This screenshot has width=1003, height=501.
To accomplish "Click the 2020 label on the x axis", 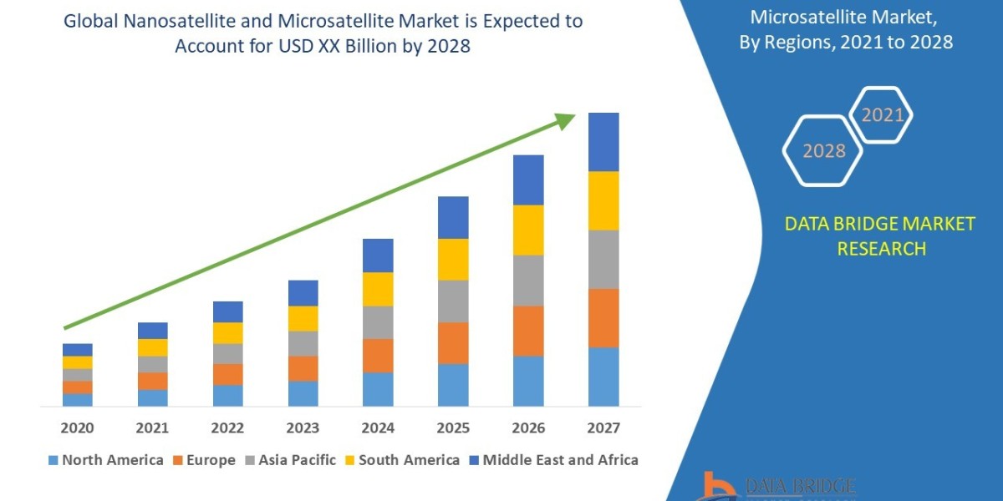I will [77, 428].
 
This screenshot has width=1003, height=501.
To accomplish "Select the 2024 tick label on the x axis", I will [378, 428].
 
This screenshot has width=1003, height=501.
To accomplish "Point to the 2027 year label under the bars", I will [603, 428].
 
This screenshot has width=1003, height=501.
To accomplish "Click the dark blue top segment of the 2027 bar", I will [603, 142].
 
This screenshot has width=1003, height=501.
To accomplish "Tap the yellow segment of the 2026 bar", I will [528, 230].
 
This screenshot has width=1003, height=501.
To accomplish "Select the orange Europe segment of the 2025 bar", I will [453, 342].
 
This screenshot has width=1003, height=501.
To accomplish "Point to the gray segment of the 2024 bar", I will [378, 321].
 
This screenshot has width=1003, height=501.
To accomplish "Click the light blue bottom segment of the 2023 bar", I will [303, 393].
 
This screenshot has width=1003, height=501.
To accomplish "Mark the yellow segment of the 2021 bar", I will [152, 347].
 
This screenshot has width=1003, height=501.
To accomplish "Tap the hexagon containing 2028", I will [824, 151].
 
